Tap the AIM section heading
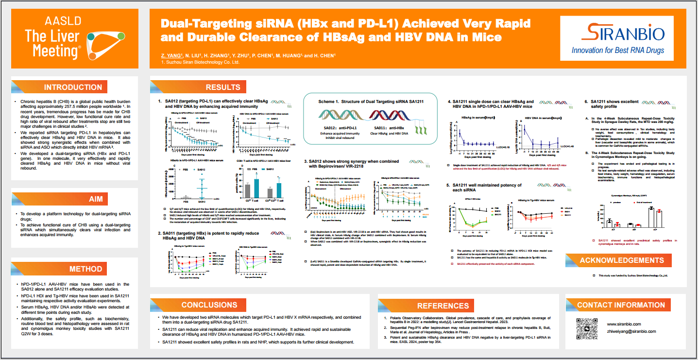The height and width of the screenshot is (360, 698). [95, 199]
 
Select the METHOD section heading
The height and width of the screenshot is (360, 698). [85, 269]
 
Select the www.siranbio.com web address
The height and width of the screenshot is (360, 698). [624, 324]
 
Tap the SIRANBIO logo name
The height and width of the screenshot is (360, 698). [618, 33]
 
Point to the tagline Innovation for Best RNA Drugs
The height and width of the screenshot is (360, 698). [618, 50]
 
